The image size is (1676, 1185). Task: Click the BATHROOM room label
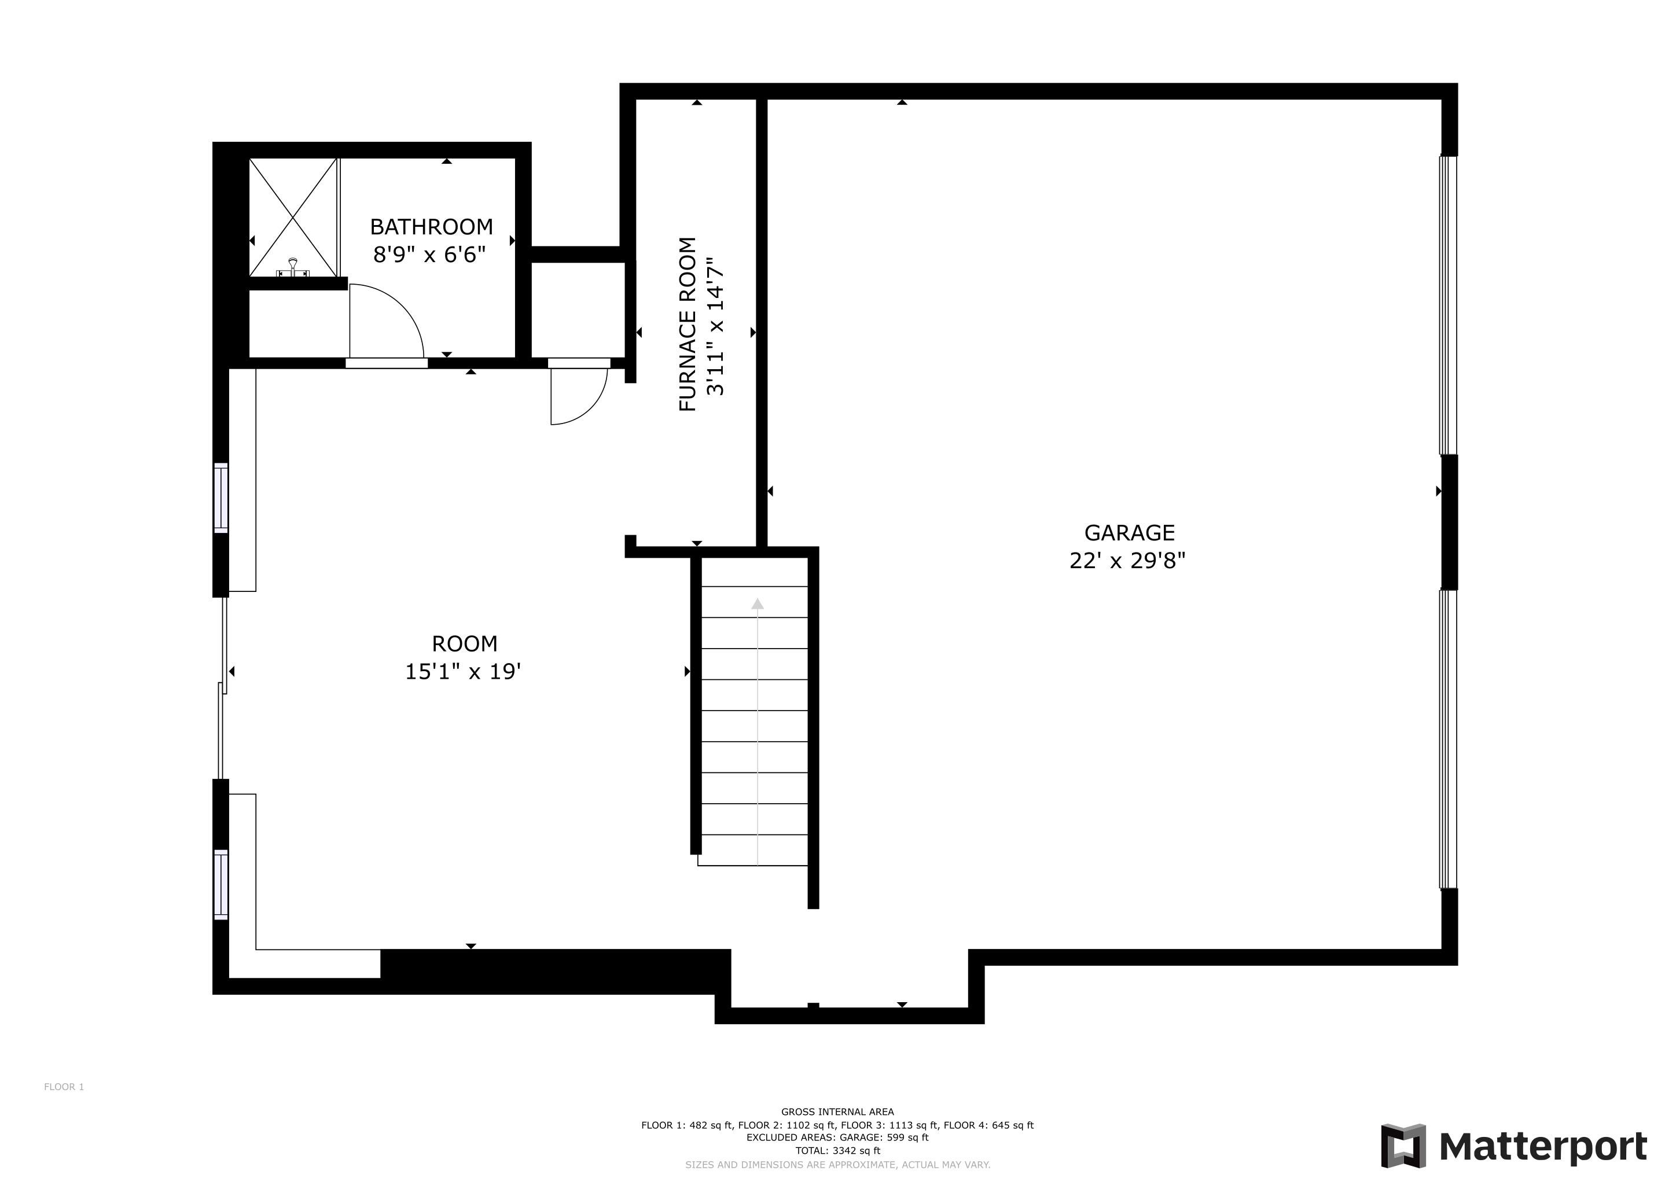coord(431,227)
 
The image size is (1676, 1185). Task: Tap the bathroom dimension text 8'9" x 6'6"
coord(429,255)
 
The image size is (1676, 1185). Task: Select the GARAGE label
coord(1129,533)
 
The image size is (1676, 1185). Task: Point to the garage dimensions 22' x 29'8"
coord(1127,561)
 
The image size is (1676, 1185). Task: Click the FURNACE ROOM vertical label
coord(688,324)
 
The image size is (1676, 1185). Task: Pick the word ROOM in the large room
coord(464,643)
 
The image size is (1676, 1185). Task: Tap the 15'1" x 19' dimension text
coord(463,671)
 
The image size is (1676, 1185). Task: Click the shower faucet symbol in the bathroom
coord(293,267)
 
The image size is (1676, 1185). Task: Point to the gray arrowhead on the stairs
coord(758,603)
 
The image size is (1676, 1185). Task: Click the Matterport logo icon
coord(1403,1146)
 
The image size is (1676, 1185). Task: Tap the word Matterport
coord(1543,1146)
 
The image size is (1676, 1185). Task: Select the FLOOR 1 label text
coord(64,1087)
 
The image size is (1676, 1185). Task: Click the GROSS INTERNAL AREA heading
coord(837,1112)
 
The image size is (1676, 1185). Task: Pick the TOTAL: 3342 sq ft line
coord(837,1151)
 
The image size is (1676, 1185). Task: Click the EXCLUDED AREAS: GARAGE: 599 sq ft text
coord(837,1138)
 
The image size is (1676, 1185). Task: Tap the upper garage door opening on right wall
coord(1447,305)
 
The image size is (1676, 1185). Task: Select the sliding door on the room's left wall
coord(223,687)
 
